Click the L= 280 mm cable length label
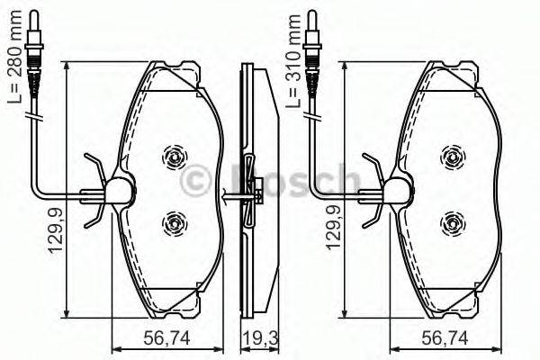pyautogui.click(x=14, y=57)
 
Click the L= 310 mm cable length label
pyautogui.click(x=293, y=61)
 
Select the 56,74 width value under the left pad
pyautogui.click(x=166, y=338)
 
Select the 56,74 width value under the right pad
pyautogui.click(x=445, y=338)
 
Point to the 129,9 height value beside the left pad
pyautogui.click(x=55, y=230)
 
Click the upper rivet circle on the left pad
pyautogui.click(x=175, y=157)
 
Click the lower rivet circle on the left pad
pyautogui.click(x=175, y=223)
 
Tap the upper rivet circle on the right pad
pyautogui.click(x=453, y=157)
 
